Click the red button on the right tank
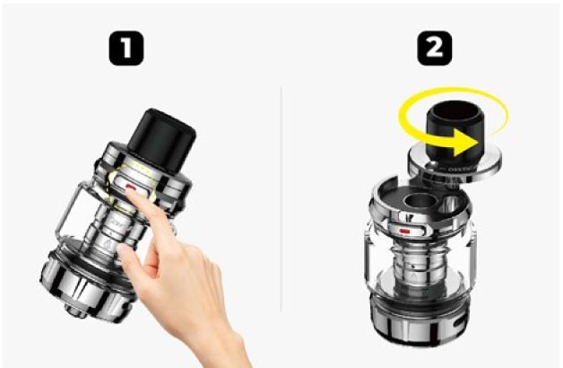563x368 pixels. pos(408,232)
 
